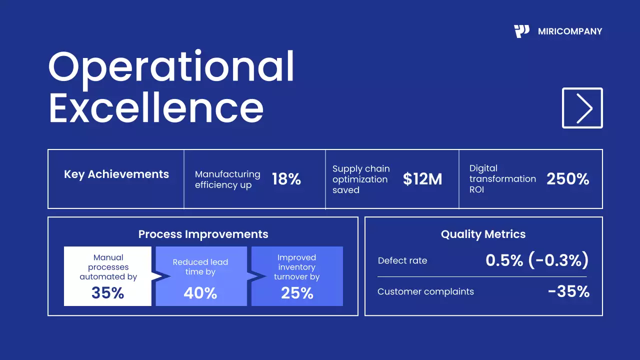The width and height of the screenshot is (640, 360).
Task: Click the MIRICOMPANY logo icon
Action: point(521,31)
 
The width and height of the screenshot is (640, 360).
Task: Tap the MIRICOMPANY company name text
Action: point(570,31)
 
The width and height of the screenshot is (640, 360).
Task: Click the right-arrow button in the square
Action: point(582,108)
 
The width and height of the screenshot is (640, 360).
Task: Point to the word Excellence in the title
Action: point(156,108)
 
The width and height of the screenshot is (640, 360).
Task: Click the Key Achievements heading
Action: point(116,174)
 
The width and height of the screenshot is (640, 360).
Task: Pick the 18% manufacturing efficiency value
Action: point(286,179)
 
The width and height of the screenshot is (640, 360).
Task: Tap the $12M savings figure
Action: point(422,179)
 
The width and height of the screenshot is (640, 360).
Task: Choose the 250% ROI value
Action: point(567,179)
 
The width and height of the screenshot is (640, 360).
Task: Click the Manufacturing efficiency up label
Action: point(227,179)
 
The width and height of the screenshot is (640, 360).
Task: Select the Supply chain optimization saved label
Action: point(361,179)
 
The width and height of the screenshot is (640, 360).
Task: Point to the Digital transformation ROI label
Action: point(502,179)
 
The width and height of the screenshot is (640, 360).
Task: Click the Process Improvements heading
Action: point(203,234)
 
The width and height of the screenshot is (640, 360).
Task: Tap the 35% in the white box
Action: point(107,292)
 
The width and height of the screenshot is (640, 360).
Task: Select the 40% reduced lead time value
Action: point(200,293)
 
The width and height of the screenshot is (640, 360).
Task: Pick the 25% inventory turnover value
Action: point(297,293)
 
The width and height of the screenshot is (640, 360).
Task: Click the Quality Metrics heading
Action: point(483,234)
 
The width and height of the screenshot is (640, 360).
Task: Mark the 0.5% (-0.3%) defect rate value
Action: point(537,260)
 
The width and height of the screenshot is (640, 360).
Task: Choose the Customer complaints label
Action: point(425,291)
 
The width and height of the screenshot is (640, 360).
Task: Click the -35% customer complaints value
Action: point(568,291)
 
